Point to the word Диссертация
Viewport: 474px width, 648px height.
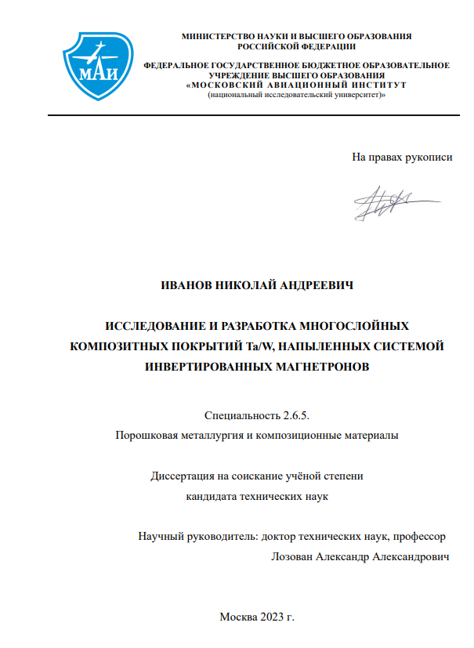181,476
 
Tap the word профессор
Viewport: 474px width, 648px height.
419,537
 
